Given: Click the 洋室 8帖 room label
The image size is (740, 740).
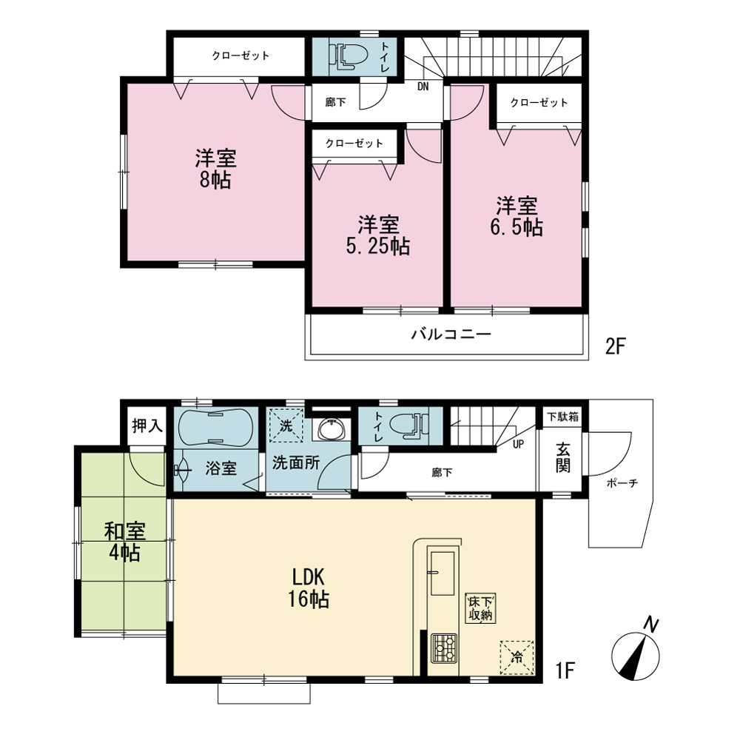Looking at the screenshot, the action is pos(215,169).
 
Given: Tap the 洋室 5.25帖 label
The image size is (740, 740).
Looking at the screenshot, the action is pos(378,235).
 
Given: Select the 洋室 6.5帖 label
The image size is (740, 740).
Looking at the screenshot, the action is pos(517,217).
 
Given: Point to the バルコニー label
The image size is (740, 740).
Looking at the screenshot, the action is pos(451,334).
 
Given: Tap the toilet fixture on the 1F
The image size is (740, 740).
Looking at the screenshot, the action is pos(409,423).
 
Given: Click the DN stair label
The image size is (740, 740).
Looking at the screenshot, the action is pos(423,87).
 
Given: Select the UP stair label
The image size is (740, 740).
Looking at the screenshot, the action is pos(518,444).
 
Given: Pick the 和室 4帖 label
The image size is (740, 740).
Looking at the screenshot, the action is pos(124,542).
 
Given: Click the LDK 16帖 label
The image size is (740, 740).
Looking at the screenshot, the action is pos(308,588).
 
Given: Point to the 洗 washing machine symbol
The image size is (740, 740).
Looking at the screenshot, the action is pos(286,425).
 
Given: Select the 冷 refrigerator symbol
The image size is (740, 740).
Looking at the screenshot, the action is pos(517,657).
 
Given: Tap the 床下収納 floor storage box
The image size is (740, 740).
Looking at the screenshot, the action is pos(480,609).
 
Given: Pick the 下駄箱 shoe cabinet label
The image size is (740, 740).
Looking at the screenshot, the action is pos(562,417).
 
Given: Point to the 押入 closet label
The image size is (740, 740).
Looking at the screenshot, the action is pos(147,425).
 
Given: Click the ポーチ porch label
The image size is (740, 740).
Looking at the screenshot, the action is pos(622,482).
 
